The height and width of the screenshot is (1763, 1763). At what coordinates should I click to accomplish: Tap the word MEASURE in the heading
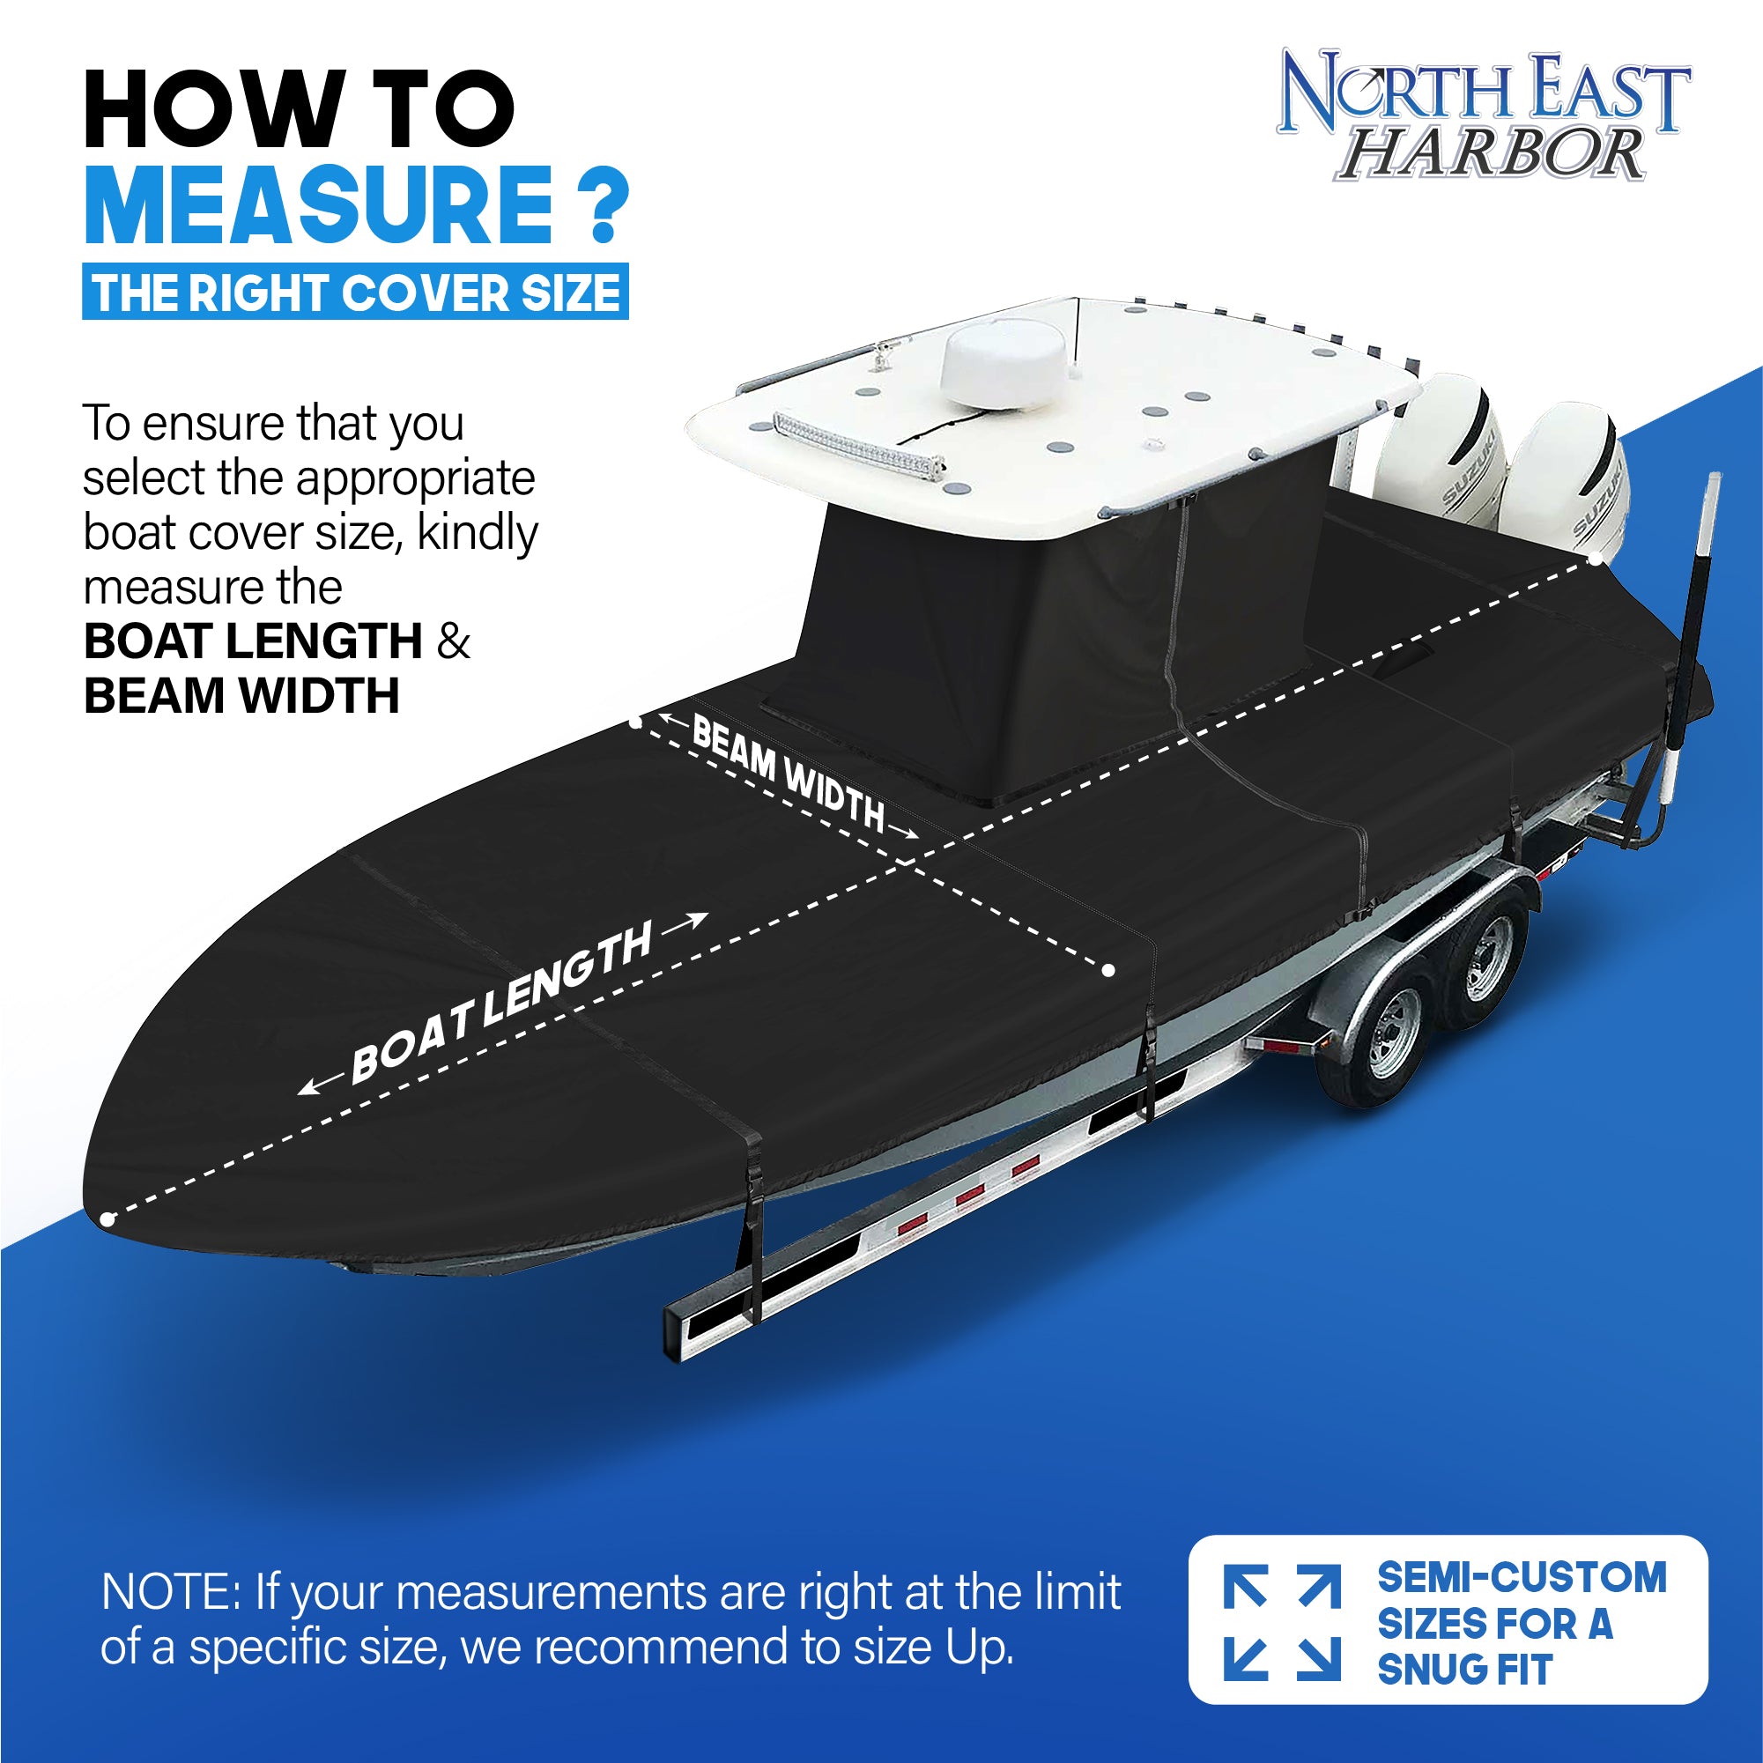tap(317, 205)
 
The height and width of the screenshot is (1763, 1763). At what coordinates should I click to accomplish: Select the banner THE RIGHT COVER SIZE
tap(355, 293)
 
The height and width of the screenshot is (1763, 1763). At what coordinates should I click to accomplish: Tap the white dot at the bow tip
tap(107, 1219)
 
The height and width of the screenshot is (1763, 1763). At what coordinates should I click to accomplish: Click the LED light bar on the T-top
tap(858, 444)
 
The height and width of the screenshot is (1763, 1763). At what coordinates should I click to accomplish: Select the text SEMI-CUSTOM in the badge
tap(1522, 1578)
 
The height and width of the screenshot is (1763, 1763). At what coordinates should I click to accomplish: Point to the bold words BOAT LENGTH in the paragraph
tap(253, 641)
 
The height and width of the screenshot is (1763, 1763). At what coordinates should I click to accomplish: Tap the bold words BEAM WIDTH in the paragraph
tap(241, 696)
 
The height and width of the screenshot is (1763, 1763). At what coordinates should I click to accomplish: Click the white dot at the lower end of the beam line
tap(1107, 970)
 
